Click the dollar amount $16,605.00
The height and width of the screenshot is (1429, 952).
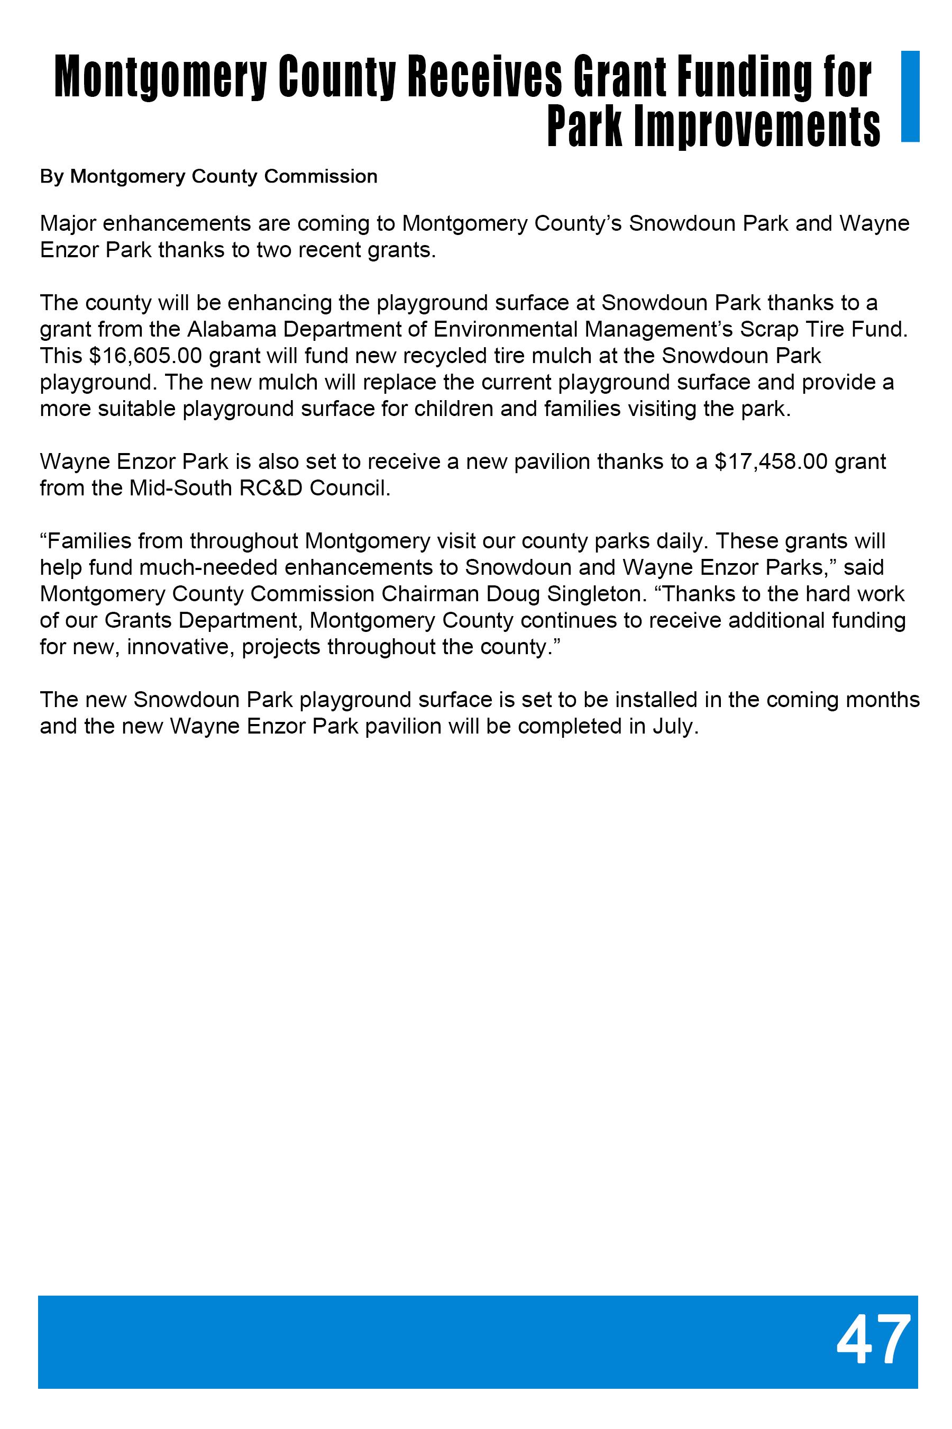145,356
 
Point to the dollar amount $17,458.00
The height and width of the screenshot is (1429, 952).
771,461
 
